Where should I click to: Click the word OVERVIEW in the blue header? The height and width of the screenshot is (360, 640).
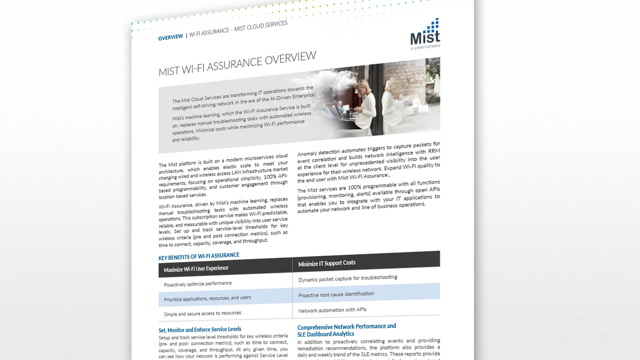170,37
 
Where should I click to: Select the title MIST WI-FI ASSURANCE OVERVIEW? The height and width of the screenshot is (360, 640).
237,64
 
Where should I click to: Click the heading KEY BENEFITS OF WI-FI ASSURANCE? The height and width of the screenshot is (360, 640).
199,256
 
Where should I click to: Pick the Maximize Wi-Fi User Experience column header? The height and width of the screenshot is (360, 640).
196,268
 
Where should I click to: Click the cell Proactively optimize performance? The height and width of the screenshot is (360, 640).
197,283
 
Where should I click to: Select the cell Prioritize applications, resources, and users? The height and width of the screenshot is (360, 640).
207,298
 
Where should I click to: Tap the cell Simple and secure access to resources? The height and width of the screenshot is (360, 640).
202,313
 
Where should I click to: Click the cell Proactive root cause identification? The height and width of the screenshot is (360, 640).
336,294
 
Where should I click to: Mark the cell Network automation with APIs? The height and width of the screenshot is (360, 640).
332,310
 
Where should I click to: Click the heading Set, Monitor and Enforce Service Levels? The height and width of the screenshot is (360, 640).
200,329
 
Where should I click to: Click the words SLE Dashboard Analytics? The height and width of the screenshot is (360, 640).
325,334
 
